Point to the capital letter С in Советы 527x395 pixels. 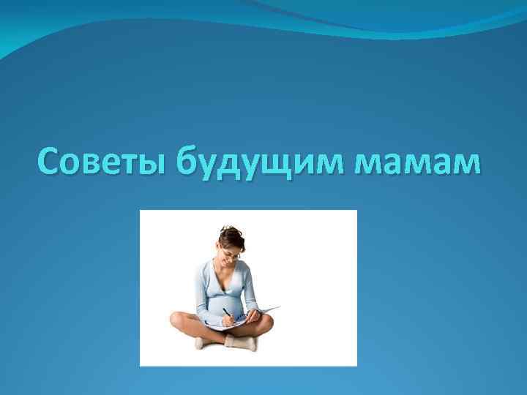tap(49, 161)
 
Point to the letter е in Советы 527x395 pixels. tap(109, 162)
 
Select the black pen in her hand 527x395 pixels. tap(227, 313)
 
